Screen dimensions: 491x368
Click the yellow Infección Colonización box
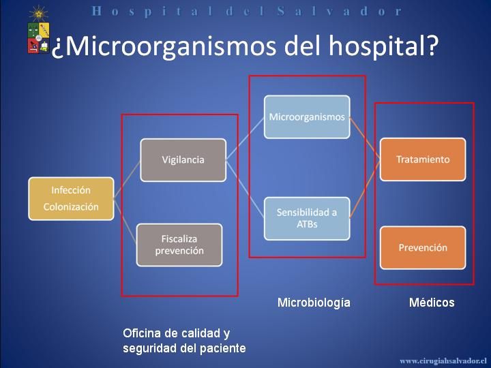[71, 199]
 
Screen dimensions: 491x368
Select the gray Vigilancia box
[183, 160]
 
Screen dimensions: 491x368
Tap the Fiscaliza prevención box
[179, 245]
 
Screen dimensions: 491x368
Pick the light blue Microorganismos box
[307, 117]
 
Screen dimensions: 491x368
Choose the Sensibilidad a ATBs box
[307, 219]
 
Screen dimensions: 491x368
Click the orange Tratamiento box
[423, 159]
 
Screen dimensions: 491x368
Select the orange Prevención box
[423, 248]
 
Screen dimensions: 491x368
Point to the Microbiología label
[314, 303]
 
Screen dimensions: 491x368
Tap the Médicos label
[432, 303]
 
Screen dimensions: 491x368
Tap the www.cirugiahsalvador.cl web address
[443, 361]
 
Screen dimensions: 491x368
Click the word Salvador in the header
[340, 12]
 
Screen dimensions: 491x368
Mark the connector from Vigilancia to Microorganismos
[245, 138]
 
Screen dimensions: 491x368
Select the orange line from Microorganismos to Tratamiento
[365, 138]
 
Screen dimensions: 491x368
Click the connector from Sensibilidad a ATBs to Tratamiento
[365, 189]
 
